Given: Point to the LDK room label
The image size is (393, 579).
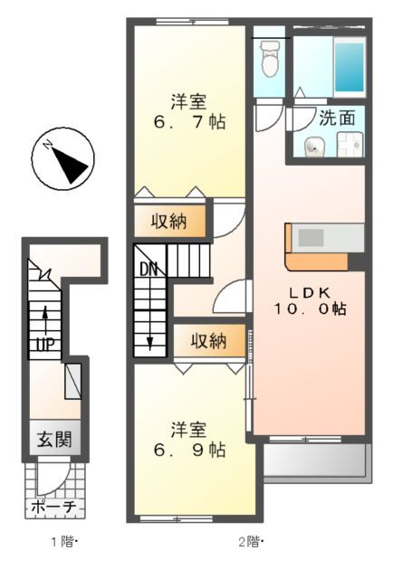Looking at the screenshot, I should (x=310, y=292).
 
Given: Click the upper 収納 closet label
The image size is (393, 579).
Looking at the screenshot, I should (x=169, y=221).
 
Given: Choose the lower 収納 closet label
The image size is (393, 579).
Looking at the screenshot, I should (x=208, y=341).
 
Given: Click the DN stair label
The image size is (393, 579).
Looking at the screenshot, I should (x=149, y=268).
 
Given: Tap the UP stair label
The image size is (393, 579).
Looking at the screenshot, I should (x=43, y=345).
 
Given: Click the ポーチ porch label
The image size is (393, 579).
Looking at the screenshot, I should (x=55, y=508).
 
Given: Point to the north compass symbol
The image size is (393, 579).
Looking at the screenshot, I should (x=63, y=161).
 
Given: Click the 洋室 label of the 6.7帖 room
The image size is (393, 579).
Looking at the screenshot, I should (x=188, y=100).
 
